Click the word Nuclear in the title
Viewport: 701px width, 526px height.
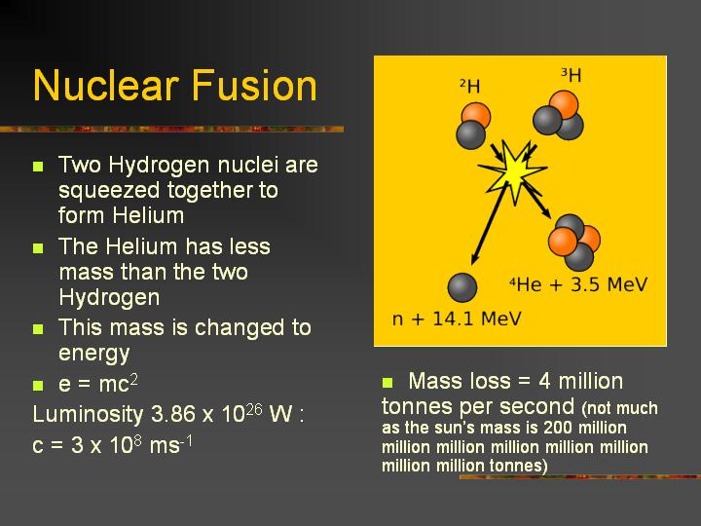(106, 85)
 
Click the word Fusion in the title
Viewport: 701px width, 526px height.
(254, 85)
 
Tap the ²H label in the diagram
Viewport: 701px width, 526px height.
(470, 86)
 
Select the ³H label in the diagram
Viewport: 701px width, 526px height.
(572, 75)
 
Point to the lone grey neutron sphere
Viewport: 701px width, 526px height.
(461, 287)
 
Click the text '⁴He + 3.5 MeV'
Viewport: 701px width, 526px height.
(578, 284)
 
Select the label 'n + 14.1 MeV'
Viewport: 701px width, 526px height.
(457, 319)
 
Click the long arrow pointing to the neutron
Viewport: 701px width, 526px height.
(489, 224)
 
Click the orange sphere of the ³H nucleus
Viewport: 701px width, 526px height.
(564, 104)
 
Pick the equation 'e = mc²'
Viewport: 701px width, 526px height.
(98, 384)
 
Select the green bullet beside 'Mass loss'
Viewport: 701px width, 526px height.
(387, 383)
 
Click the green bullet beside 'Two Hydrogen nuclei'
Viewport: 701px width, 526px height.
(38, 167)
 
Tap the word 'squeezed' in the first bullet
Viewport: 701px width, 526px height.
(109, 191)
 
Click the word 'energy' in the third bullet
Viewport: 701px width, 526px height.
(93, 354)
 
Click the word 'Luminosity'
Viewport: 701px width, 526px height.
(88, 415)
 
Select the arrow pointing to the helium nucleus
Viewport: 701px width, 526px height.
(537, 200)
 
